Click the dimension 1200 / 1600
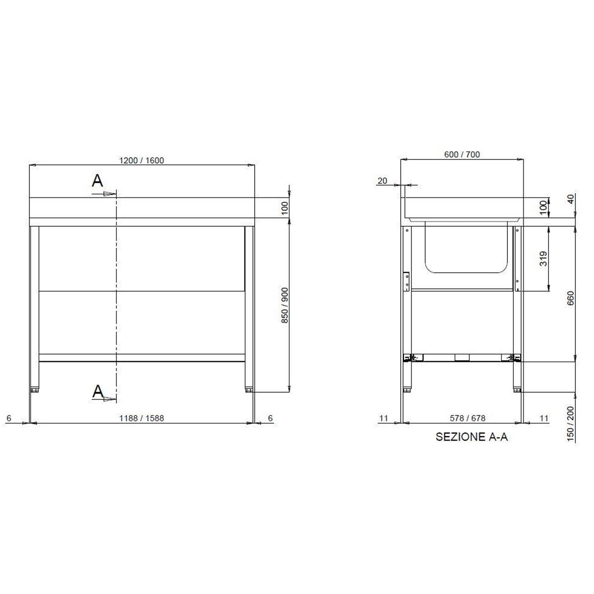pyautogui.click(x=142, y=160)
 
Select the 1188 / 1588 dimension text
pyautogui.click(x=142, y=418)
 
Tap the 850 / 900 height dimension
pyautogui.click(x=285, y=305)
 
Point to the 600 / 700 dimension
pyautogui.click(x=462, y=154)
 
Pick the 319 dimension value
pyautogui.click(x=543, y=259)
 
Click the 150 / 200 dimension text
pyautogui.click(x=570, y=424)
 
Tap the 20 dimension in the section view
pyautogui.click(x=382, y=181)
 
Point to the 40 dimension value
pyautogui.click(x=570, y=198)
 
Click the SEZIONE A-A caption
pyautogui.click(x=471, y=437)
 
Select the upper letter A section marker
pyautogui.click(x=98, y=181)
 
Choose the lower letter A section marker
pyautogui.click(x=98, y=392)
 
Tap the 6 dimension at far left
pyautogui.click(x=9, y=418)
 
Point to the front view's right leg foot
pyautogui.click(x=249, y=390)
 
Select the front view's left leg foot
pyautogui.click(x=35, y=390)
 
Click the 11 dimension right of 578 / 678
pyautogui.click(x=544, y=418)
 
